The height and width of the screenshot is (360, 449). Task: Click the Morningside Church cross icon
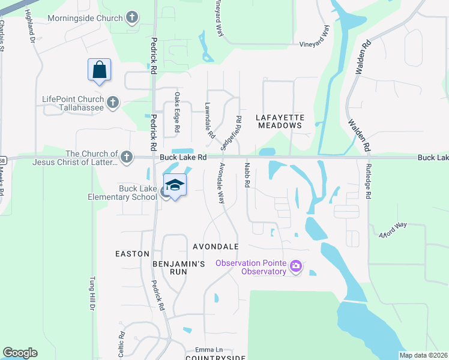click(x=132, y=18)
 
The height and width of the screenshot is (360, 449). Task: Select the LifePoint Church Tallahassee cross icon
click(x=113, y=101)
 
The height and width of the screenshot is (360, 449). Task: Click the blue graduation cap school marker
click(x=175, y=186)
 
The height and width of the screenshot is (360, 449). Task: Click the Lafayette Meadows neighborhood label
click(x=280, y=121)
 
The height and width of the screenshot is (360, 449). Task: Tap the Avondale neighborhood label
click(x=215, y=247)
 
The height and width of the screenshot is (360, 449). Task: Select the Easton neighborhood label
click(x=132, y=254)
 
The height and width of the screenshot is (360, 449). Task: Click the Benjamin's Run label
click(x=170, y=268)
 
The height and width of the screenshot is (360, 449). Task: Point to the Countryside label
click(x=215, y=358)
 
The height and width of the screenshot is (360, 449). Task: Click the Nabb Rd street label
click(x=246, y=175)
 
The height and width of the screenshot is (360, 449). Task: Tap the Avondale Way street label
click(x=221, y=182)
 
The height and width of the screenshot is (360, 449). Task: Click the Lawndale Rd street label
click(x=209, y=120)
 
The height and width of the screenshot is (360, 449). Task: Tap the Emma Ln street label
click(x=209, y=349)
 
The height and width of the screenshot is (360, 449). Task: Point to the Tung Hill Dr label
click(x=92, y=293)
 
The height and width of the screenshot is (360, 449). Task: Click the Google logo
click(x=20, y=353)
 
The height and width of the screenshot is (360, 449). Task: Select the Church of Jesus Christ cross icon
click(x=126, y=157)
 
